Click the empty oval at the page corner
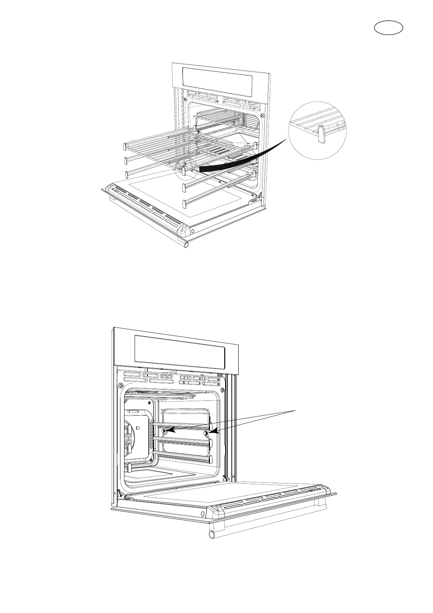tap(389, 28)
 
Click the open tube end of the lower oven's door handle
tap(211, 534)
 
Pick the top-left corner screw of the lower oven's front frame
tap(120, 385)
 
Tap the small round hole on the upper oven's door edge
tap(192, 231)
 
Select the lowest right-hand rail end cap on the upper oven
tap(184, 202)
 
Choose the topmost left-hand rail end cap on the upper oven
tap(124, 146)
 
